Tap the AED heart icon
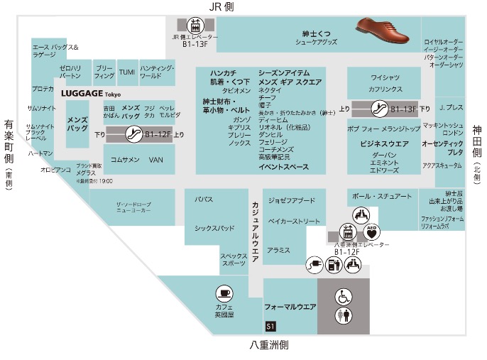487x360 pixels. click(x=373, y=231)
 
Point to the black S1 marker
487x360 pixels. click(x=270, y=326)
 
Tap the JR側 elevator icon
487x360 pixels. click(x=192, y=23)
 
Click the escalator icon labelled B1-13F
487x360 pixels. click(x=381, y=109)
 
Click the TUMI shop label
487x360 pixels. click(x=126, y=72)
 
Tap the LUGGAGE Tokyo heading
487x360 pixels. click(x=91, y=94)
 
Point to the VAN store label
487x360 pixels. click(x=155, y=160)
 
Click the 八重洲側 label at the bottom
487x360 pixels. click(x=270, y=345)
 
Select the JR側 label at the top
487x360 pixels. click(x=221, y=6)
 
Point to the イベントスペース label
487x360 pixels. click(x=284, y=167)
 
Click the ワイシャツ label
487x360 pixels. click(x=386, y=77)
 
